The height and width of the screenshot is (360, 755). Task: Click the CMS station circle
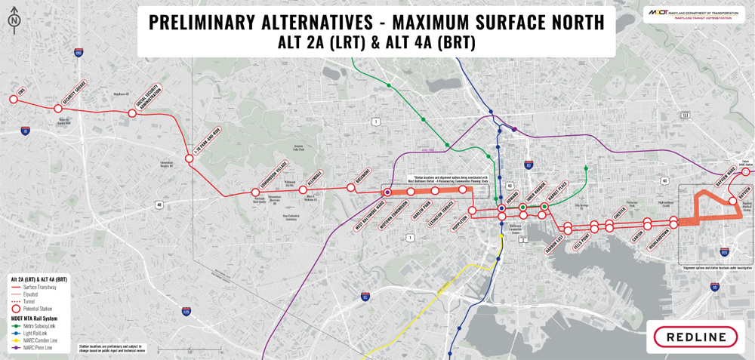(13, 99)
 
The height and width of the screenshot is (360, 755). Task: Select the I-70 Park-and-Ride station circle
(190, 158)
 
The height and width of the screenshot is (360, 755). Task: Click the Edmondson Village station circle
(255, 192)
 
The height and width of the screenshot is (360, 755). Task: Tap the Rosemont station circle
(350, 187)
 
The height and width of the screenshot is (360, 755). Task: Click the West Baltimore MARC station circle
(387, 192)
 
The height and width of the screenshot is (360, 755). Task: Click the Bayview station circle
(732, 201)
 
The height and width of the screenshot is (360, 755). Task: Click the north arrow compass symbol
(14, 20)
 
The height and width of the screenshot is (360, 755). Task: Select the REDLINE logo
(695, 337)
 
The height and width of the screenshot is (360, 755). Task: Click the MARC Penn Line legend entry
(36, 347)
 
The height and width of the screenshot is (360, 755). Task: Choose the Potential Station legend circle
(15, 309)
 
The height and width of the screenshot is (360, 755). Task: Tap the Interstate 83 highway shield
(528, 164)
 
